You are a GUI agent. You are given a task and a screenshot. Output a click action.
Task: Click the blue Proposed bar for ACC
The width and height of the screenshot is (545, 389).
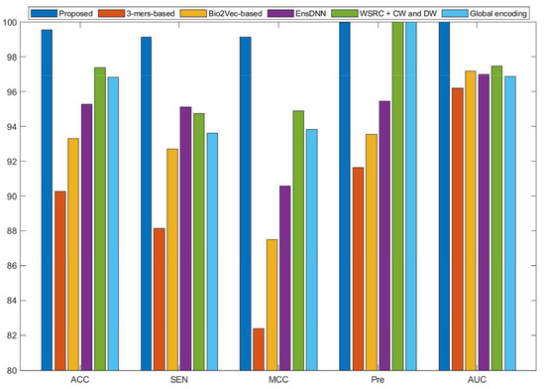[x=47, y=199]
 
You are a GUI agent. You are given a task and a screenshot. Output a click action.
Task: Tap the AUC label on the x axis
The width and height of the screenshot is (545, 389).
[x=490, y=380]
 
